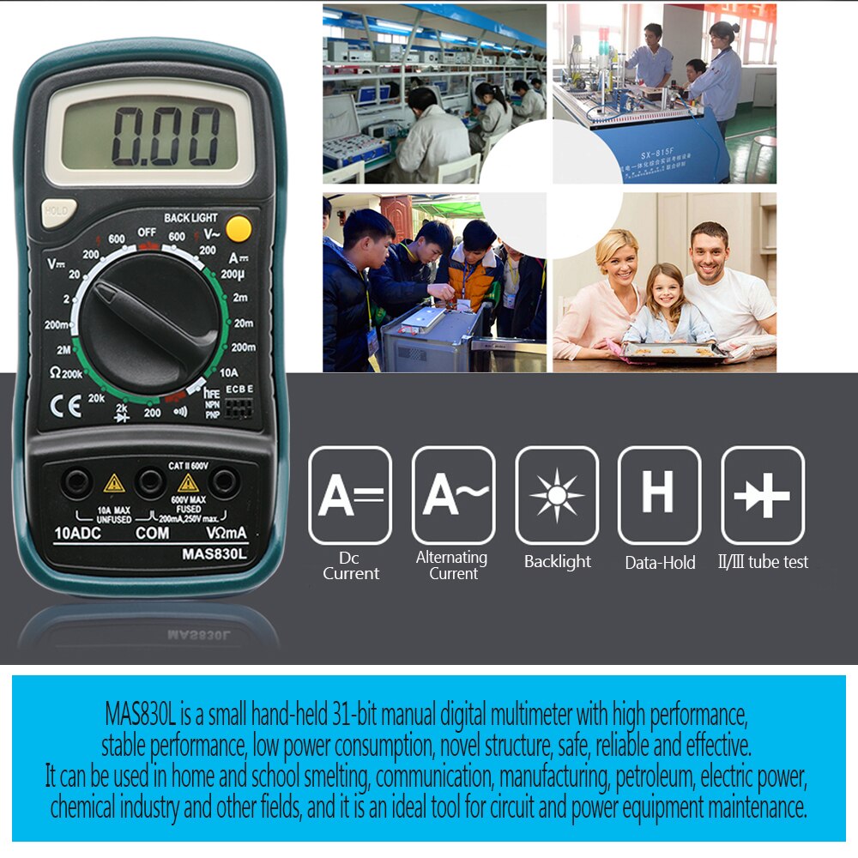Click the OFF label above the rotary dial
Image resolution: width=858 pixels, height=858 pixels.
147,233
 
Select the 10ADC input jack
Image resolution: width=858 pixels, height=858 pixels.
76,483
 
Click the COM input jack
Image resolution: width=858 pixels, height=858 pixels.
151,483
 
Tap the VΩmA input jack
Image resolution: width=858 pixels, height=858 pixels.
225,483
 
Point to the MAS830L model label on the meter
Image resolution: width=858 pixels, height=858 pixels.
214,553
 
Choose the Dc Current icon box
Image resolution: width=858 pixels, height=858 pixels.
350,495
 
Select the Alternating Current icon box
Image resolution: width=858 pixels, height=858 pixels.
454,495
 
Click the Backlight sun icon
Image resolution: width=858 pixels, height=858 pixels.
557,495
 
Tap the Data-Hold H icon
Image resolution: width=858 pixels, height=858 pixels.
659,495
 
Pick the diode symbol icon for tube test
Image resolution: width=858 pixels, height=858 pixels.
762,495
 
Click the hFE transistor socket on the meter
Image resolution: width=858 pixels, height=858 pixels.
239,407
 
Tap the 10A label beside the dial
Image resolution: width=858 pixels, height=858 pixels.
229,372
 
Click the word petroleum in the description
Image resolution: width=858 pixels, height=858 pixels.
655,776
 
